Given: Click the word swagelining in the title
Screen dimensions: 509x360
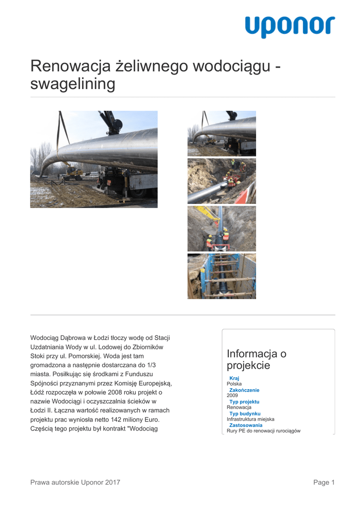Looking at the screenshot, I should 73,84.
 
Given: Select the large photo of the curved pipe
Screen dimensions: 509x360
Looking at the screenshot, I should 94,159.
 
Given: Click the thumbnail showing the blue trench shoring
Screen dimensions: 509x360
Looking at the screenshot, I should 222,276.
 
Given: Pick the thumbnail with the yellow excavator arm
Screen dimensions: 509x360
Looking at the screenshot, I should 222,229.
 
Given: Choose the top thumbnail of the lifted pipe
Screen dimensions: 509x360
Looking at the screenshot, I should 222,133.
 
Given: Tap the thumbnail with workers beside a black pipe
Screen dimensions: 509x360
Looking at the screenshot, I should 222,181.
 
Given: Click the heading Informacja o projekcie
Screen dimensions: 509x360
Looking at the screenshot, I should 256,360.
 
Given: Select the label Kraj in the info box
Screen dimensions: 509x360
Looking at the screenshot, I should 234,378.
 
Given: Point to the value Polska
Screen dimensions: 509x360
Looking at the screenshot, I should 234,384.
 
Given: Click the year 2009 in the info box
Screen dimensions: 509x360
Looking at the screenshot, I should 232,396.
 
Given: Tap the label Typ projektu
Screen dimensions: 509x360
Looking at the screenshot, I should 244,402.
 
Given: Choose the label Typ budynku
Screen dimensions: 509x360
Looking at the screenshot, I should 245,414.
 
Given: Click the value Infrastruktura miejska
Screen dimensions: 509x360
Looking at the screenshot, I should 250,420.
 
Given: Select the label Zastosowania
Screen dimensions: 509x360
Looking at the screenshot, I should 246,425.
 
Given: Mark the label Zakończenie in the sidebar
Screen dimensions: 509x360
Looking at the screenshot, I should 244,390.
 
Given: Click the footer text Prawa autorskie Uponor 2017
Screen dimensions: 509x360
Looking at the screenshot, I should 75,482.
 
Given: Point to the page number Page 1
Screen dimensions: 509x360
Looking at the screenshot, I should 324,482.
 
